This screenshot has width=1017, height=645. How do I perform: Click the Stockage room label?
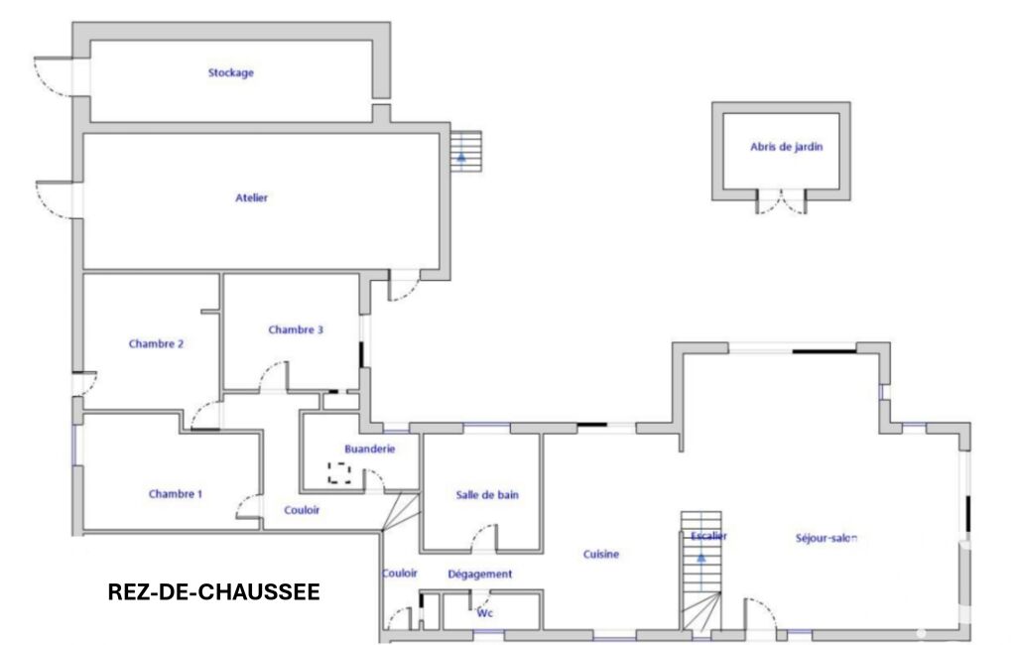click(x=230, y=72)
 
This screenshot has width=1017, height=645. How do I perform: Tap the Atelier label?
click(x=251, y=197)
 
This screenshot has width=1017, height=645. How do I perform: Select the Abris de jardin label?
click(x=786, y=147)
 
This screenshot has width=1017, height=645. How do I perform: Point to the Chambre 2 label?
click(x=156, y=344)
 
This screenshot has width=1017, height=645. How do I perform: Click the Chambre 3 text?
click(x=295, y=329)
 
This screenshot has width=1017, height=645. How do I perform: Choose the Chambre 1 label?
click(x=175, y=494)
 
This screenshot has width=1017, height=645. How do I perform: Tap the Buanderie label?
click(x=369, y=449)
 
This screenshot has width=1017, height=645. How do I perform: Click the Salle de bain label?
click(x=487, y=495)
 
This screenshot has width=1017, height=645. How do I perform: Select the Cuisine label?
click(x=600, y=554)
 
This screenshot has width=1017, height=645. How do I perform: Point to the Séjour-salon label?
click(x=826, y=538)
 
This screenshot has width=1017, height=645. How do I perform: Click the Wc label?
click(x=484, y=613)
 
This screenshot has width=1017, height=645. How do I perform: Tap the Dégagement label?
click(x=480, y=575)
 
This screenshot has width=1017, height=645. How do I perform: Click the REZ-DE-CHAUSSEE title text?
click(x=213, y=591)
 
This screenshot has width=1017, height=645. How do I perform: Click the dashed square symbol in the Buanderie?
click(x=339, y=472)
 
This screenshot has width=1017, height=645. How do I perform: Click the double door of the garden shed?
click(x=782, y=201)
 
